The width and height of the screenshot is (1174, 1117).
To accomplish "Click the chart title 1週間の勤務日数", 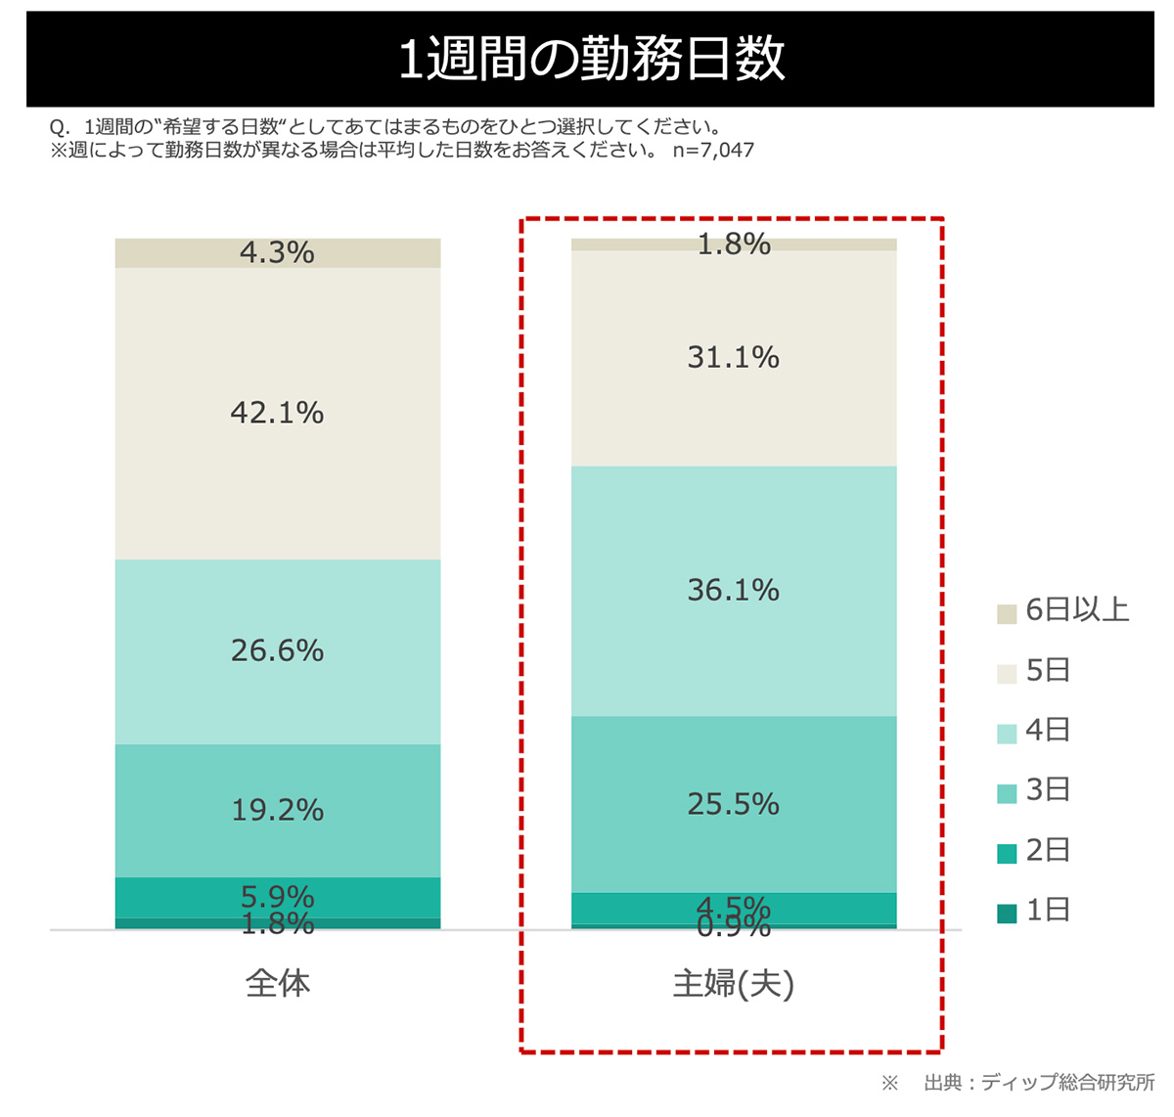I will pos(591,59).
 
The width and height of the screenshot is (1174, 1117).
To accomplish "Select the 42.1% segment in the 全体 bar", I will pos(277,413).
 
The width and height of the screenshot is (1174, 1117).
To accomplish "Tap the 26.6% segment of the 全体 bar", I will pos(277,651).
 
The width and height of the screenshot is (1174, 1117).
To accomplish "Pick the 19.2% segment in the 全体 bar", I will pos(277,810).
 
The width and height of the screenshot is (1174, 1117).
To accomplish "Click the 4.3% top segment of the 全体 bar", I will pos(277,252).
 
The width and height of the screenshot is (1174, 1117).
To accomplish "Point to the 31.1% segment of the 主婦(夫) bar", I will pos(734,358).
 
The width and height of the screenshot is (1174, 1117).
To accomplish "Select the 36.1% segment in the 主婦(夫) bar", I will pos(734,591).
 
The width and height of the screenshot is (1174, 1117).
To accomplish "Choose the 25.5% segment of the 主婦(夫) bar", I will pos(734,804).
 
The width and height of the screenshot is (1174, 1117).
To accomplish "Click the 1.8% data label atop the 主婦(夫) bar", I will pos(734,244).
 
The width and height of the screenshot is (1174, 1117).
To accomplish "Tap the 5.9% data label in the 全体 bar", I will pos(277,896).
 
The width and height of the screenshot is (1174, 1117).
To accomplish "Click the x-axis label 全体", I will pos(277,983).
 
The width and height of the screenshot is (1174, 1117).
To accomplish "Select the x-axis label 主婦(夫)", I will pos(734,983).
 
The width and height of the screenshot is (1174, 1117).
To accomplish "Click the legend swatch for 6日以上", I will pos(1007,614).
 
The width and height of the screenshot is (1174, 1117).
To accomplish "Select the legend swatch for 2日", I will pos(1007,853).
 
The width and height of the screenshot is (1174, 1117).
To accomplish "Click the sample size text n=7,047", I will pos(713,151).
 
